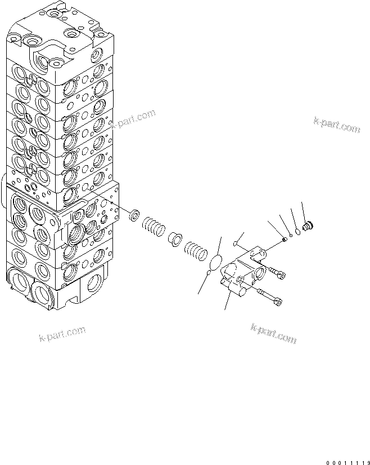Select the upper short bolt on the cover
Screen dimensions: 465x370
tap(277, 274)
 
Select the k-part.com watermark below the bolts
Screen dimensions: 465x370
tap(273, 334)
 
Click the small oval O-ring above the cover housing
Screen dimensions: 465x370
tap(235, 243)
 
